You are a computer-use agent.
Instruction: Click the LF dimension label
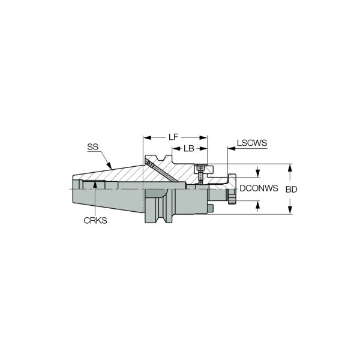click(x=173, y=137)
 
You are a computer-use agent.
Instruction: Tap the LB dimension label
click(x=189, y=149)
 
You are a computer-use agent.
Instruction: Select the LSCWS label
click(x=252, y=143)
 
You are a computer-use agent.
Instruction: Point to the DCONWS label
click(x=259, y=188)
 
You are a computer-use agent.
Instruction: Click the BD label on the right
click(x=292, y=190)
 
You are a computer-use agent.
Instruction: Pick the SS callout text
click(x=93, y=147)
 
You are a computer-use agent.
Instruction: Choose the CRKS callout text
click(x=95, y=221)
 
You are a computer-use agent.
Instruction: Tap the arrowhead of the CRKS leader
click(x=95, y=184)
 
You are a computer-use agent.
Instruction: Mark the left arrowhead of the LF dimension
click(x=147, y=138)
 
